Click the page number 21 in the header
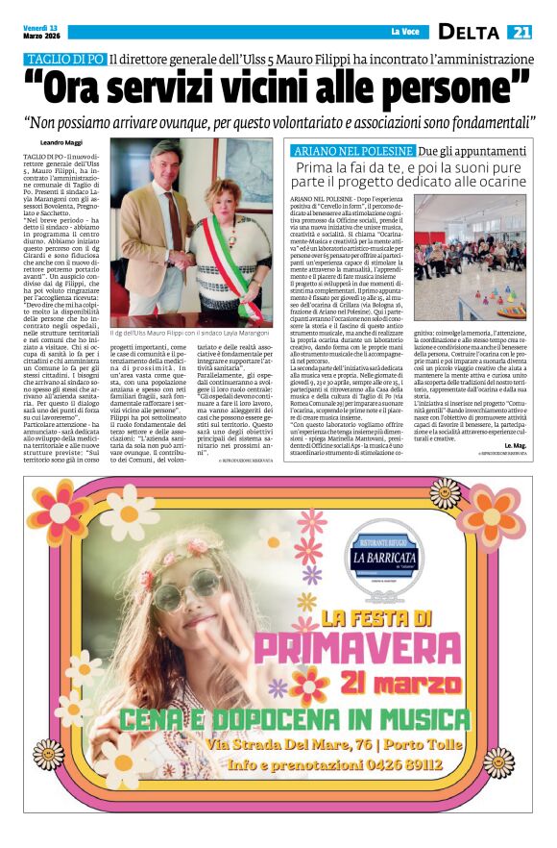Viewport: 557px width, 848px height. (520, 32)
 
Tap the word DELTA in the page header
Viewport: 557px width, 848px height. (469, 32)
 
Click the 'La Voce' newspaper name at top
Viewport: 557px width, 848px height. (404, 33)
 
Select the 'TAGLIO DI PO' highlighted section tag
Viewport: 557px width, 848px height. (64, 60)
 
